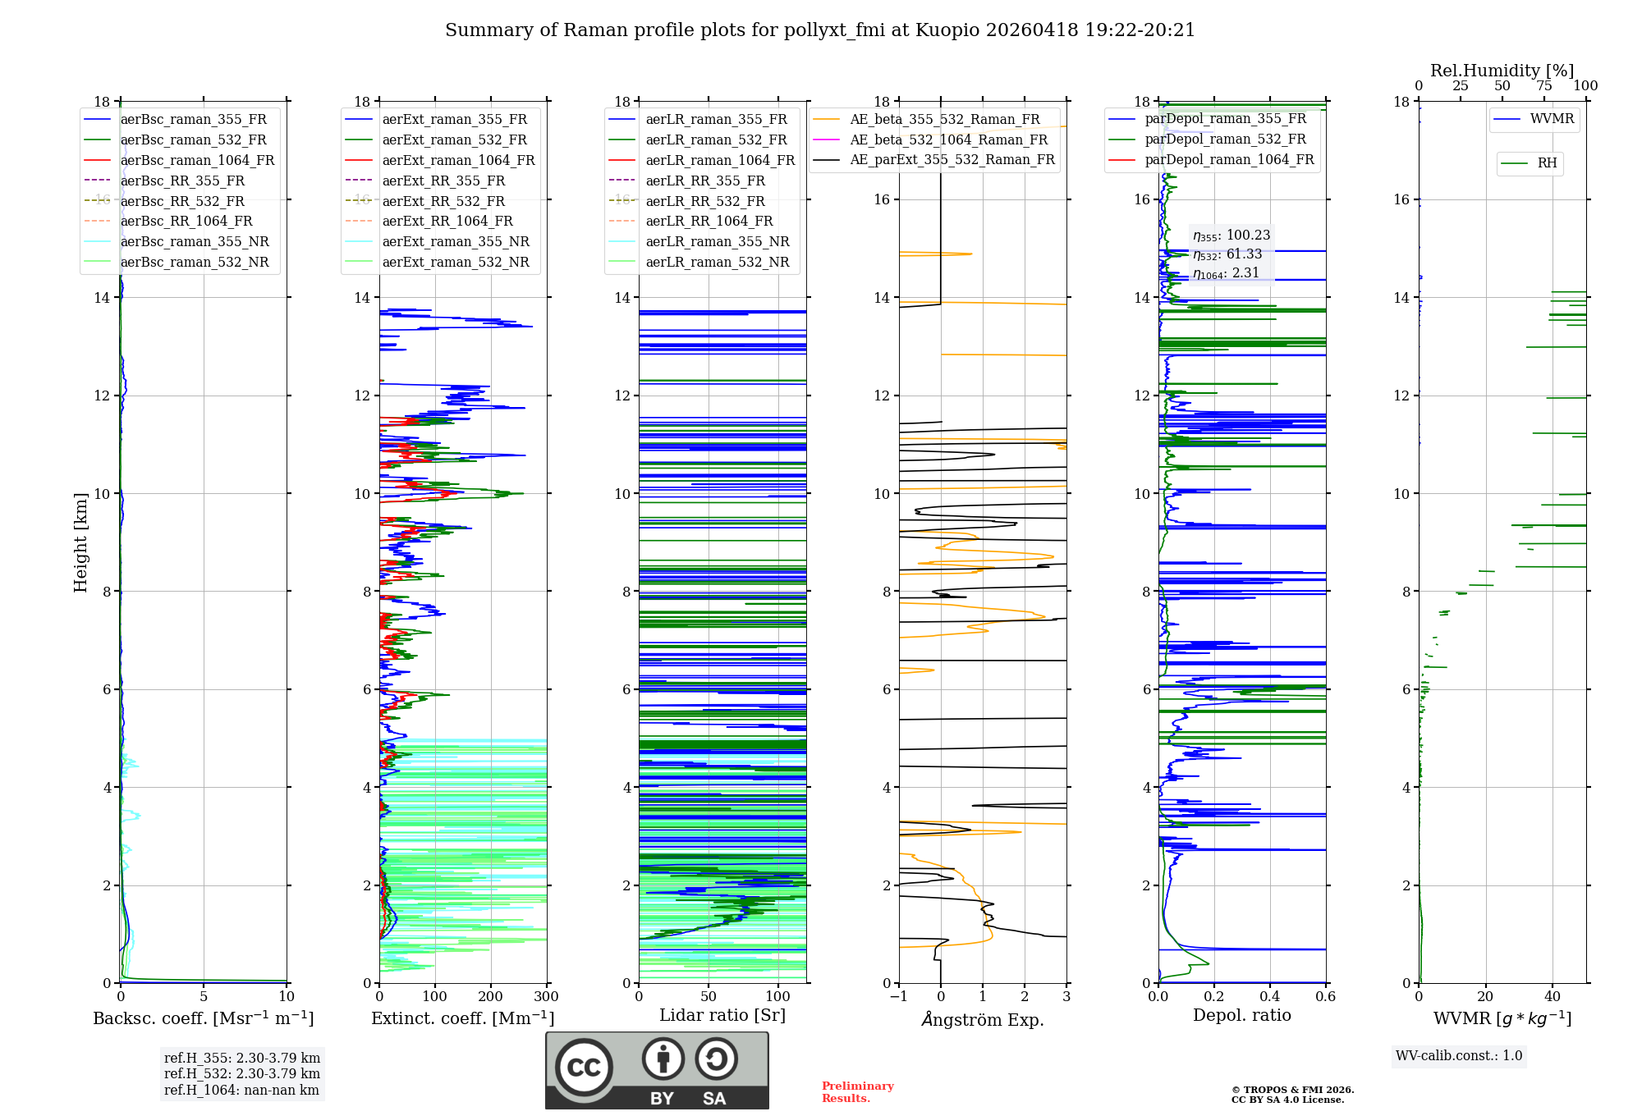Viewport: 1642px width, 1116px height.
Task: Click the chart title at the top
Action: [820, 30]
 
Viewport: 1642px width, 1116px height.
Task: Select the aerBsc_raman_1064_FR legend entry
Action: [179, 160]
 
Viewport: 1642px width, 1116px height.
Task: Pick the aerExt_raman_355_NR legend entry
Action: [437, 241]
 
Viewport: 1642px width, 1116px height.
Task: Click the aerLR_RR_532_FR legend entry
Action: [686, 201]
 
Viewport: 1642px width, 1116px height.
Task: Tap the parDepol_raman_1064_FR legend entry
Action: [1211, 159]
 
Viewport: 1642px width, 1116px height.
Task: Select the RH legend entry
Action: [1529, 163]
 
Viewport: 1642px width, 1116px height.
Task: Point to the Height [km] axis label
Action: [80, 542]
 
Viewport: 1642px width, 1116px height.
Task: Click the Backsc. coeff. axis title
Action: [204, 1018]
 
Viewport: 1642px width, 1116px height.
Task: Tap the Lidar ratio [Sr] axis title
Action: [722, 1015]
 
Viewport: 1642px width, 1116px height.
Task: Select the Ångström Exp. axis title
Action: [983, 1019]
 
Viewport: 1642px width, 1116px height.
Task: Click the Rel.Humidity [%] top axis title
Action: [1502, 71]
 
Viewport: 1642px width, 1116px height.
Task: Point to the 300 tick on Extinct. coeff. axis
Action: [547, 997]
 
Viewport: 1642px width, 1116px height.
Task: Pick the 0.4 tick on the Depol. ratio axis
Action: [1270, 997]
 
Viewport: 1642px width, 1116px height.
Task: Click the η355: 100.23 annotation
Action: [1231, 236]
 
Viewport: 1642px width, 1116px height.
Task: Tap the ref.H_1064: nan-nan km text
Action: [241, 1091]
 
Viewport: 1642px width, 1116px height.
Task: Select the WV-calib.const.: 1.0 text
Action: [1459, 1056]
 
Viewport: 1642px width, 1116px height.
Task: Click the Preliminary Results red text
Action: [858, 1092]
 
